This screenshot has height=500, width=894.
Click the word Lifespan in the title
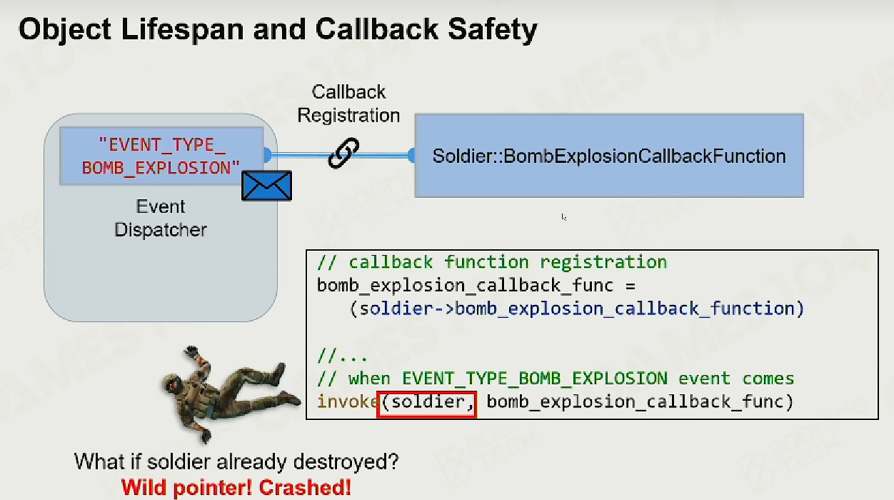(x=182, y=29)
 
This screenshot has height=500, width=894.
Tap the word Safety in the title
(x=493, y=30)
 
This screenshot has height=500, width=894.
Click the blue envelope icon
(x=266, y=186)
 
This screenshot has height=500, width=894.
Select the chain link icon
(x=343, y=153)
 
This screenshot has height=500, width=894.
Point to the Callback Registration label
(x=348, y=104)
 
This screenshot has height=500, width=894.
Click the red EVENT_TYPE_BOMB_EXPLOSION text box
(x=161, y=156)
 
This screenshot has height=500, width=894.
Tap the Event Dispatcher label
(x=161, y=218)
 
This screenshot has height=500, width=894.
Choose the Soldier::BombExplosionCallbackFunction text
(x=609, y=156)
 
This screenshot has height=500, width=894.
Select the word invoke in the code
(x=347, y=401)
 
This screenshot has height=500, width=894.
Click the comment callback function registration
(x=492, y=262)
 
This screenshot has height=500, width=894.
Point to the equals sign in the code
(x=631, y=286)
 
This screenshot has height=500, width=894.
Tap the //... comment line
(x=341, y=355)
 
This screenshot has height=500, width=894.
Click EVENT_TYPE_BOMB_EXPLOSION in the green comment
(x=534, y=379)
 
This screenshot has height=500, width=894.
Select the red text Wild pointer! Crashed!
(x=236, y=488)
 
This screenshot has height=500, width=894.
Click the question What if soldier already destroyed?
(x=236, y=462)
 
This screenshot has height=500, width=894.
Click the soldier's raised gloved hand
(x=191, y=351)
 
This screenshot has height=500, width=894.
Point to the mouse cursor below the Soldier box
(x=563, y=217)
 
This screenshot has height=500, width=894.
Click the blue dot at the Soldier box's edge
(x=411, y=155)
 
